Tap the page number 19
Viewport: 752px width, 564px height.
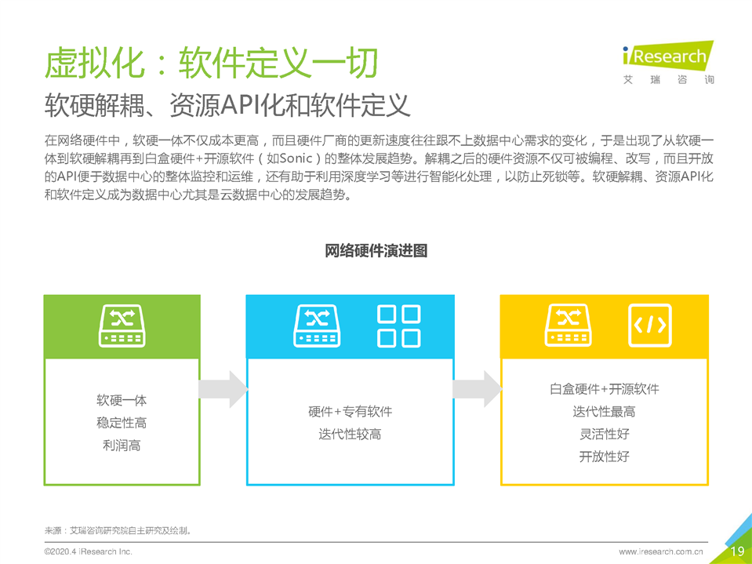coord(738,551)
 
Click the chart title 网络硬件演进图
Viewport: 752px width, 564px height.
coord(376,251)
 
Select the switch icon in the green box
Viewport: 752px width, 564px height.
coord(122,326)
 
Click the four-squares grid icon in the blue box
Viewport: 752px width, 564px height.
coord(399,326)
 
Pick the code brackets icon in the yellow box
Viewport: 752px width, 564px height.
coord(650,326)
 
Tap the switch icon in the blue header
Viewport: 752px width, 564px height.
coord(317,326)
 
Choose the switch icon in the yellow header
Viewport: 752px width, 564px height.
coord(568,326)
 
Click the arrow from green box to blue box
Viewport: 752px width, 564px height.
coord(223,389)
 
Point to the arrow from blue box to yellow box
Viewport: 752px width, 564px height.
coord(478,389)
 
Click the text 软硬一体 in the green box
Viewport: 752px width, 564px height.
coord(122,400)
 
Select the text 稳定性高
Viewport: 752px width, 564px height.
coord(122,423)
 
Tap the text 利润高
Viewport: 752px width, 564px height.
coord(122,445)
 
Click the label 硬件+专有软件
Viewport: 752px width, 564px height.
coord(350,412)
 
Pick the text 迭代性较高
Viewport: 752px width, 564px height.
coord(350,434)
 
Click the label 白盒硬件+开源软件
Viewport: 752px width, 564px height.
coord(605,388)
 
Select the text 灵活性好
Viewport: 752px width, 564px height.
coord(605,434)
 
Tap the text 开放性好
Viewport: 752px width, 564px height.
coord(605,456)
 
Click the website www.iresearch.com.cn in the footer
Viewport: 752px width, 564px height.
coord(661,552)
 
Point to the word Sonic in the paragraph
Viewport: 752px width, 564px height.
coord(296,158)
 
